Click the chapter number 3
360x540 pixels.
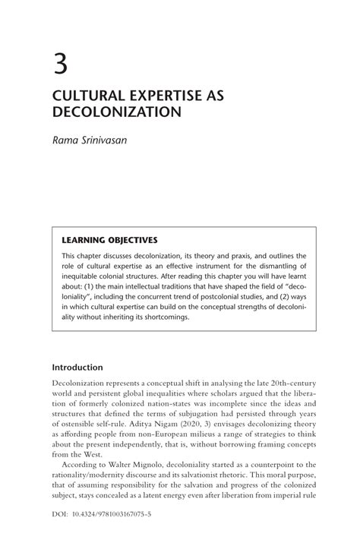coord(60,62)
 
